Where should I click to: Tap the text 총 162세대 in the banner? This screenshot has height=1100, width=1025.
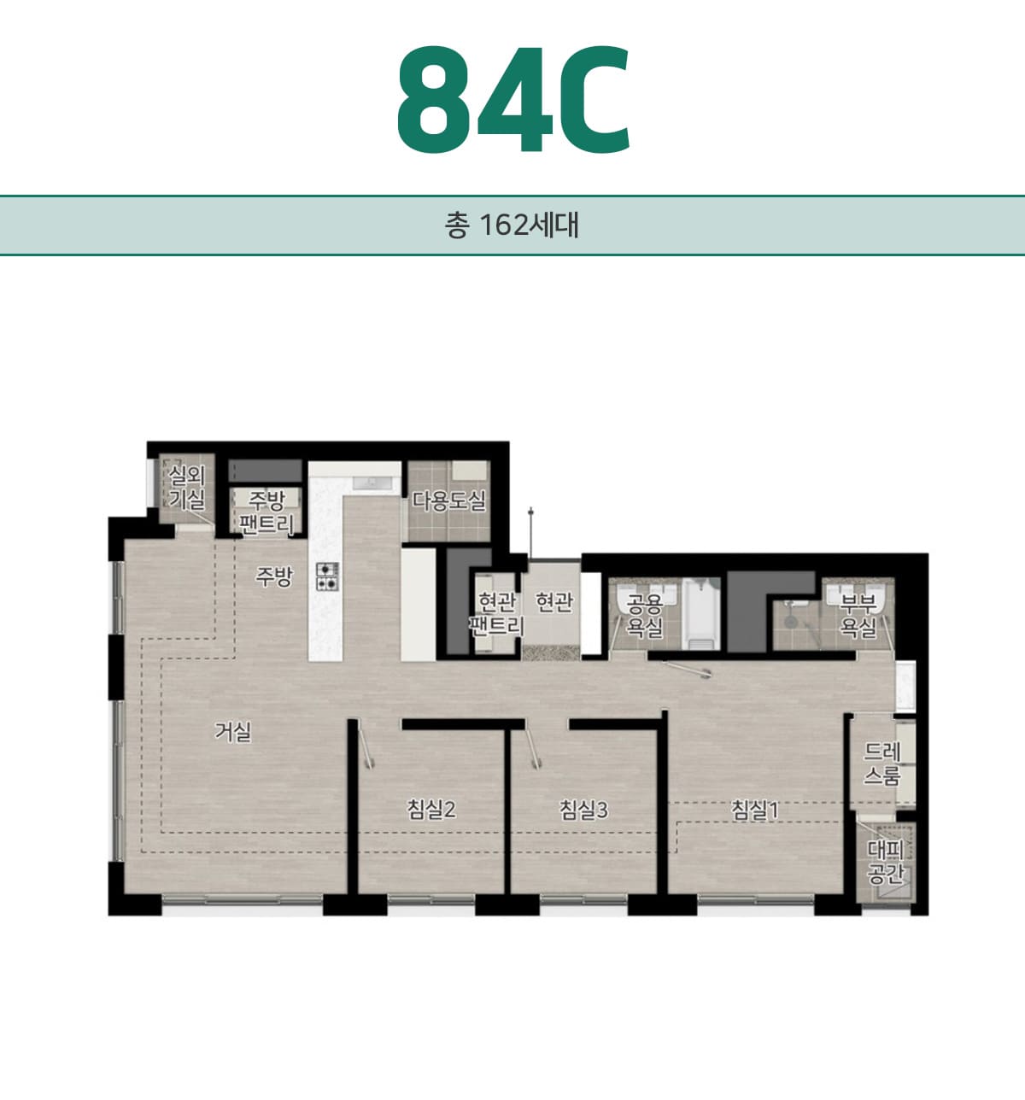[x=512, y=225]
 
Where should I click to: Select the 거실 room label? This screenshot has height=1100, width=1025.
[x=233, y=732]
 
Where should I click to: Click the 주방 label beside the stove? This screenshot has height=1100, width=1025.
[x=273, y=576]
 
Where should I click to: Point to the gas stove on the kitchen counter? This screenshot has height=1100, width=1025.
[x=327, y=576]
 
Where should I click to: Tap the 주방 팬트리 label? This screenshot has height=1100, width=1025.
[x=266, y=512]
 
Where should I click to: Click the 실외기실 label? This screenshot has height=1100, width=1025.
[x=187, y=488]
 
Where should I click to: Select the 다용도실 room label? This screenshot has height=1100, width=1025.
[x=448, y=500]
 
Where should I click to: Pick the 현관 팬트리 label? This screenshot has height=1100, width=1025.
[x=497, y=614]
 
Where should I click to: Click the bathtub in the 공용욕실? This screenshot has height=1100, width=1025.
[x=701, y=614]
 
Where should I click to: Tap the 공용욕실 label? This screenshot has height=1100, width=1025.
[x=644, y=616]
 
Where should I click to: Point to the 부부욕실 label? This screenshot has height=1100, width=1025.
[x=858, y=616]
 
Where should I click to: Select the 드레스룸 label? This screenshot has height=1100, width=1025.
[x=882, y=764]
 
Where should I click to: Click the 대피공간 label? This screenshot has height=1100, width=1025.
[x=886, y=863]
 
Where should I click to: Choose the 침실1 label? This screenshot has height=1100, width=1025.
[x=754, y=810]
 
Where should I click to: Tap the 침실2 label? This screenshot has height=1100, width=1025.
[x=431, y=810]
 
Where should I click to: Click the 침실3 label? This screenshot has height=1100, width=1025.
[x=583, y=810]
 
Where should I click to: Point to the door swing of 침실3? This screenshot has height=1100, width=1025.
[x=534, y=747]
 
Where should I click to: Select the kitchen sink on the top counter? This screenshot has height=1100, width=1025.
[x=372, y=483]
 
